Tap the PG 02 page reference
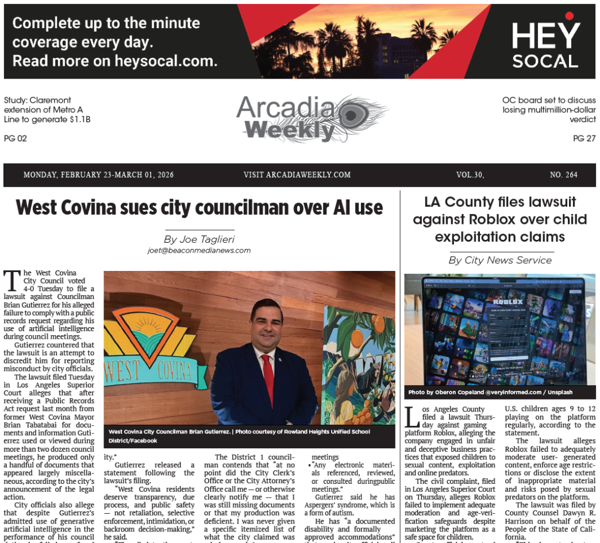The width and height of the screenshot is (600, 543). point(16,138)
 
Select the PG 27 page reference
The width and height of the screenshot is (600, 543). point(584,138)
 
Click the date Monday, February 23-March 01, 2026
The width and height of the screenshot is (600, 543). point(99,175)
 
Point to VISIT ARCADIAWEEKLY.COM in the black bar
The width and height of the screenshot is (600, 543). point(297,175)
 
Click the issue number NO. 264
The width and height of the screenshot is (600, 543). point(563,175)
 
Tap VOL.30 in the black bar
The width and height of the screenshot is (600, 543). point(470,175)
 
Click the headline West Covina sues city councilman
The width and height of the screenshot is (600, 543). point(199,207)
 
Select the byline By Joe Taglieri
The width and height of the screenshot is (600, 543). point(199,239)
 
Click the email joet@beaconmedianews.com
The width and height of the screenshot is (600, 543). point(199,250)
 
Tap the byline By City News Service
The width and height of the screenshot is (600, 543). point(500,260)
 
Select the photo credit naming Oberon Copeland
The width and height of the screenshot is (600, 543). point(487,393)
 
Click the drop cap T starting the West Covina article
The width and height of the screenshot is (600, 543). point(11,280)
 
